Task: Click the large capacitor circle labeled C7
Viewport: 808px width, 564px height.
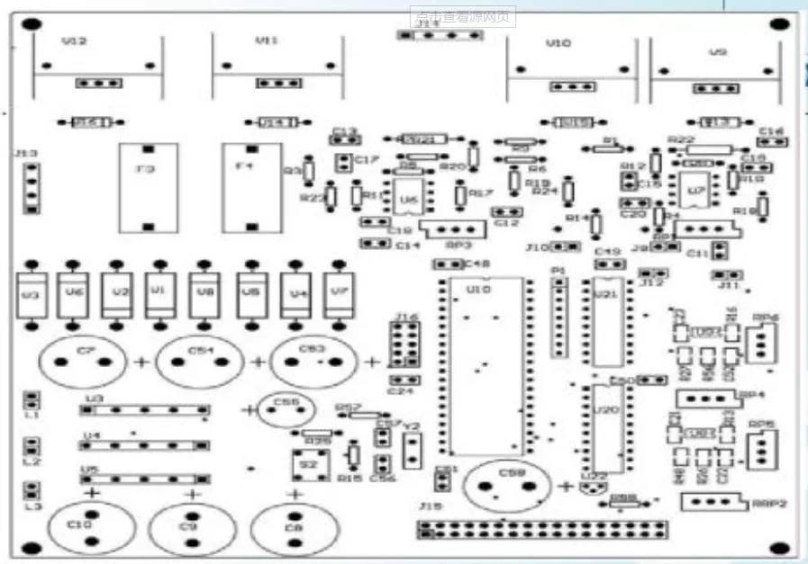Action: click(82, 363)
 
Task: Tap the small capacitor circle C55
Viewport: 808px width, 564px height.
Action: click(285, 410)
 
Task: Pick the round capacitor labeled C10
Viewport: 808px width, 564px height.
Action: click(86, 529)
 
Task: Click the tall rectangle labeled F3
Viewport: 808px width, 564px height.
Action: click(148, 187)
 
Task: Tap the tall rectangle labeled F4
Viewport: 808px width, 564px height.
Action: click(251, 187)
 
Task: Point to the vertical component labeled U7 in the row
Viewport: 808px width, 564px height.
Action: click(339, 295)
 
